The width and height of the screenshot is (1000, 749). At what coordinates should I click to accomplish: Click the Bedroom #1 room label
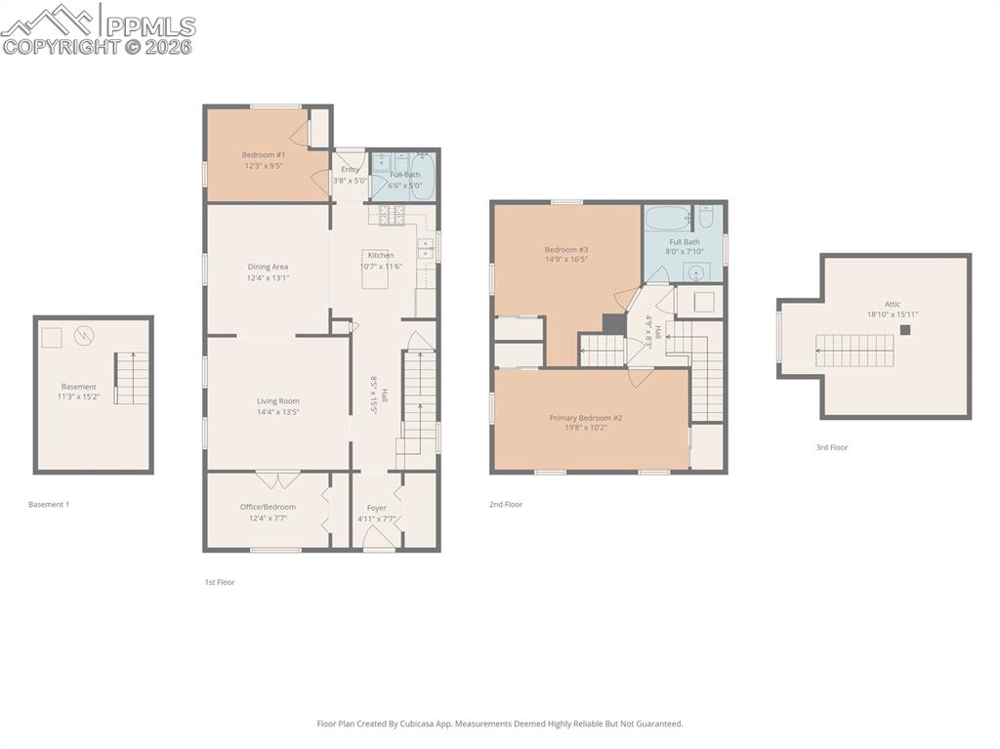pyautogui.click(x=264, y=154)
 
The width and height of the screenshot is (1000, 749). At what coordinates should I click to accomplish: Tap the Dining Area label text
pyautogui.click(x=268, y=267)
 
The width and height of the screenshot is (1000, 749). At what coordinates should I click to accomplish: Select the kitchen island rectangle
pyautogui.click(x=375, y=275)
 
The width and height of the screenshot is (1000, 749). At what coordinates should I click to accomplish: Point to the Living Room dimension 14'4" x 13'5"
pyautogui.click(x=278, y=412)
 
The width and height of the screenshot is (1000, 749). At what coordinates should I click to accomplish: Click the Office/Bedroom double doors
pyautogui.click(x=278, y=479)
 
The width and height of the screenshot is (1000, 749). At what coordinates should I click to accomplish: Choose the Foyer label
pyautogui.click(x=377, y=508)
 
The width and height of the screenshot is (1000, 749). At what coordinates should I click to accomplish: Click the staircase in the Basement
pyautogui.click(x=134, y=378)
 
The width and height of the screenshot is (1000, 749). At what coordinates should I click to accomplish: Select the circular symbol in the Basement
pyautogui.click(x=85, y=336)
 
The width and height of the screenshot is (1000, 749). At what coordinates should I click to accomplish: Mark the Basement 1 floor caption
pyautogui.click(x=49, y=505)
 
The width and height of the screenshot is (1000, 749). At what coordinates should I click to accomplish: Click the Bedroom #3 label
pyautogui.click(x=566, y=249)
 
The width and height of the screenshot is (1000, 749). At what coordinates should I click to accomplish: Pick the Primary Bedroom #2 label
pyautogui.click(x=586, y=418)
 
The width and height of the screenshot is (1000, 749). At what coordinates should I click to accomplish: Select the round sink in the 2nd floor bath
pyautogui.click(x=695, y=272)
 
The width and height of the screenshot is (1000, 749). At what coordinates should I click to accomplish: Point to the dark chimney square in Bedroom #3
pyautogui.click(x=613, y=323)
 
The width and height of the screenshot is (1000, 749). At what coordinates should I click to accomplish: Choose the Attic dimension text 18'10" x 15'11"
pyautogui.click(x=893, y=314)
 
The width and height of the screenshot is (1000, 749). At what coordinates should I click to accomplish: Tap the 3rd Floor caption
pyautogui.click(x=832, y=447)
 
